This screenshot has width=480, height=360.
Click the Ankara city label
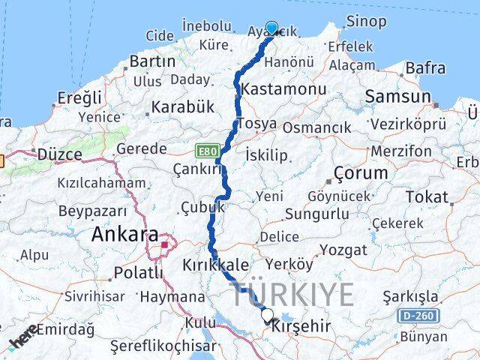click(124, 234)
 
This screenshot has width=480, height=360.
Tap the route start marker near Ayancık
click(271, 28)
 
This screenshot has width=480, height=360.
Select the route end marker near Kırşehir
click(268, 315)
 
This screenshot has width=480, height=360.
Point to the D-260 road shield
click(415, 315)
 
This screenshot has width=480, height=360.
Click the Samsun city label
click(398, 96)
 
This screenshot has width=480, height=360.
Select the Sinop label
click(366, 22)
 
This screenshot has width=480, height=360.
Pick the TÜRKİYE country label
click(292, 294)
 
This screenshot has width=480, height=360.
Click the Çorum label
click(361, 172)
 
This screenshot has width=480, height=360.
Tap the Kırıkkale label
click(215, 265)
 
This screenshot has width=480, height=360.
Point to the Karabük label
click(183, 106)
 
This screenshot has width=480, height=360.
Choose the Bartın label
click(152, 61)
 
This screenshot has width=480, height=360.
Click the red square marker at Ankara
click(164, 244)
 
